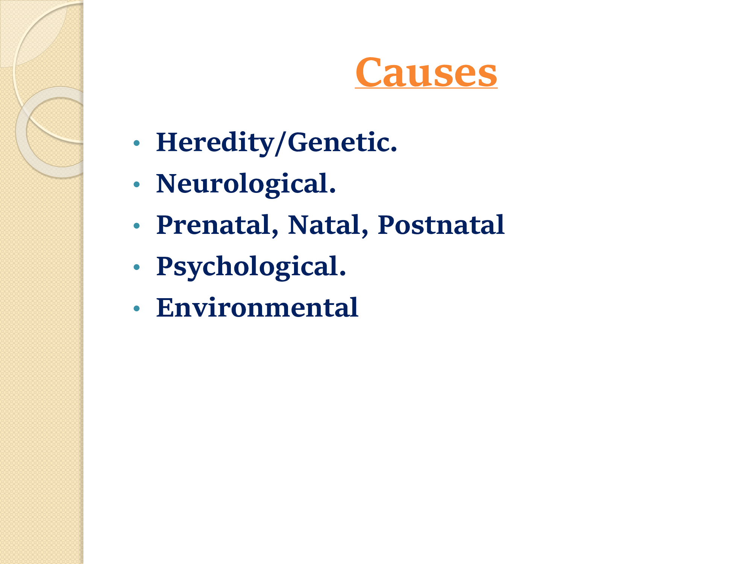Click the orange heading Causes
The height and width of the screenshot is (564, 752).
[x=426, y=72]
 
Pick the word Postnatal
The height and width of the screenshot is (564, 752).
[x=441, y=225]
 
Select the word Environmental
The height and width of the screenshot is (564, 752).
[x=257, y=308]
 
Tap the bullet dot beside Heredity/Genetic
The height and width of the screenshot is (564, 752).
[x=137, y=143]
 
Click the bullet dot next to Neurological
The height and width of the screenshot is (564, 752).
[x=137, y=184]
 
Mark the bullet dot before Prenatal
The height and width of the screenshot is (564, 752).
[x=137, y=226]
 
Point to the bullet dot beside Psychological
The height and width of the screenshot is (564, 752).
[x=137, y=267]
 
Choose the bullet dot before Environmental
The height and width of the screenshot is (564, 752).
[x=137, y=308]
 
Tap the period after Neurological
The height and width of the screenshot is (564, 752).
[x=332, y=191]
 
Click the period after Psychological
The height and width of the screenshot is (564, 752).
[x=343, y=273]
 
